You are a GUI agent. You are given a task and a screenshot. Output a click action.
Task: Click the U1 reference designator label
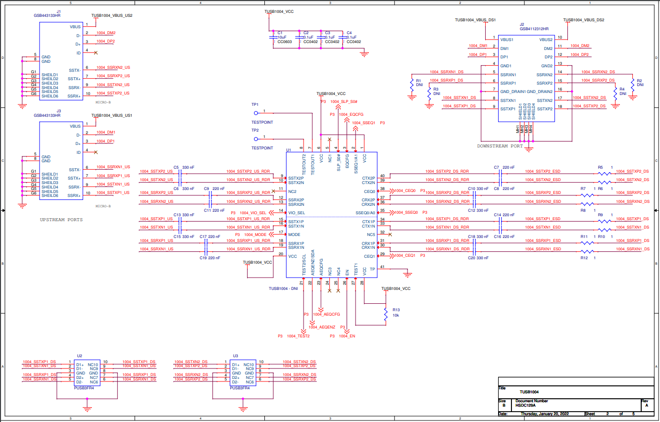(x=289, y=149)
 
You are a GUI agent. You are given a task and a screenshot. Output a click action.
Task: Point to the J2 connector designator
(x=522, y=24)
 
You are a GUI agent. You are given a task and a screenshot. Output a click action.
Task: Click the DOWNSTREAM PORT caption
(x=500, y=146)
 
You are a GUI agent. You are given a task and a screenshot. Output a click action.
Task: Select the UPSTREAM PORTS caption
(x=61, y=219)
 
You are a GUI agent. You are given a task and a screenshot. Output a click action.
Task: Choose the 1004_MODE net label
(x=255, y=234)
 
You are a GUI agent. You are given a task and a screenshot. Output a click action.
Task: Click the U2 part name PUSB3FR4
(x=84, y=388)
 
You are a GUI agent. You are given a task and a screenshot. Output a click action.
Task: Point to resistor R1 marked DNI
(x=411, y=85)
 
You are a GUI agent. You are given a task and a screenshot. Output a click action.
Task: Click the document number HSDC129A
(x=526, y=406)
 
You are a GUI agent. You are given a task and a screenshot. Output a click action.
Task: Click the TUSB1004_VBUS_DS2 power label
(x=583, y=20)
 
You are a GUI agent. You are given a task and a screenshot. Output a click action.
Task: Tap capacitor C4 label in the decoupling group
(x=349, y=33)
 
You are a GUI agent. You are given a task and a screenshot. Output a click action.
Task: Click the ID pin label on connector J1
(x=78, y=53)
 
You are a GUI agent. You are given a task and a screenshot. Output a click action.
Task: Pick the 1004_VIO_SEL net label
(x=253, y=213)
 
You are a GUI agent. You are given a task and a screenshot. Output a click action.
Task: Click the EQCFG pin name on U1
(x=347, y=161)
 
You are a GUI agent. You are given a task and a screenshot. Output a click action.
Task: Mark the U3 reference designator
(x=235, y=356)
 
